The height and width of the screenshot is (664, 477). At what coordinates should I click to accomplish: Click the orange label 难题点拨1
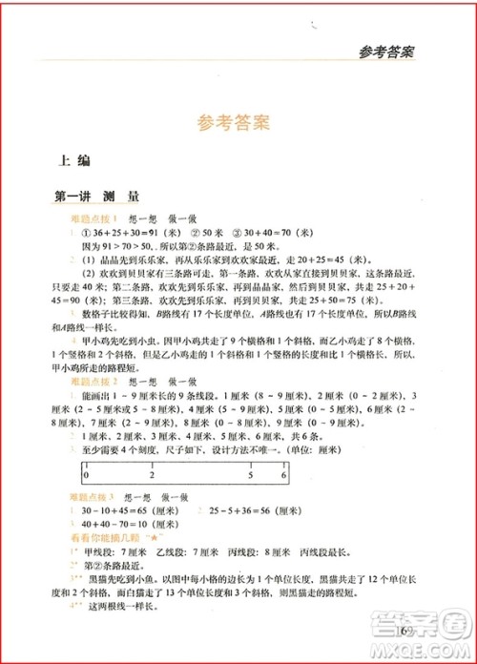[x=93, y=218]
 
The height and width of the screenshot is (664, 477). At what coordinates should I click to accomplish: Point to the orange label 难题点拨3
[x=93, y=497]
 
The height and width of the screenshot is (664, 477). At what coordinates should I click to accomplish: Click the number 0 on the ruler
[x=86, y=474]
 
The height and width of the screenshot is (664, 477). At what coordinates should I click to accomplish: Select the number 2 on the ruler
[x=153, y=474]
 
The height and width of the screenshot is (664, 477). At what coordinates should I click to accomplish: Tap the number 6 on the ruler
[x=284, y=474]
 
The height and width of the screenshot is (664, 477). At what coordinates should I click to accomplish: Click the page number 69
[x=405, y=632]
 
